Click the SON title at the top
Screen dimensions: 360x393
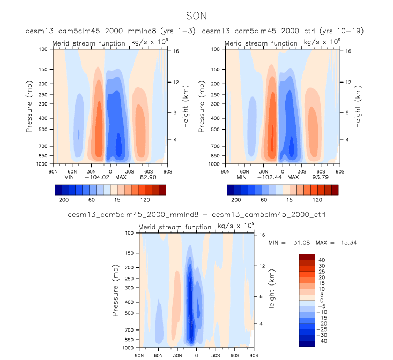point(196,17)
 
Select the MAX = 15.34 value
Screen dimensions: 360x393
point(347,243)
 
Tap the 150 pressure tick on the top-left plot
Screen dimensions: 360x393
point(45,69)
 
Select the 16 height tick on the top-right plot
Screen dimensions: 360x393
point(347,51)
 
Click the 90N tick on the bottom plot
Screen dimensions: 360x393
point(138,355)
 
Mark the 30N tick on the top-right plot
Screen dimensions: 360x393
point(263,171)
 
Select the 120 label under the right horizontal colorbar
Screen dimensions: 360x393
point(317,199)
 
